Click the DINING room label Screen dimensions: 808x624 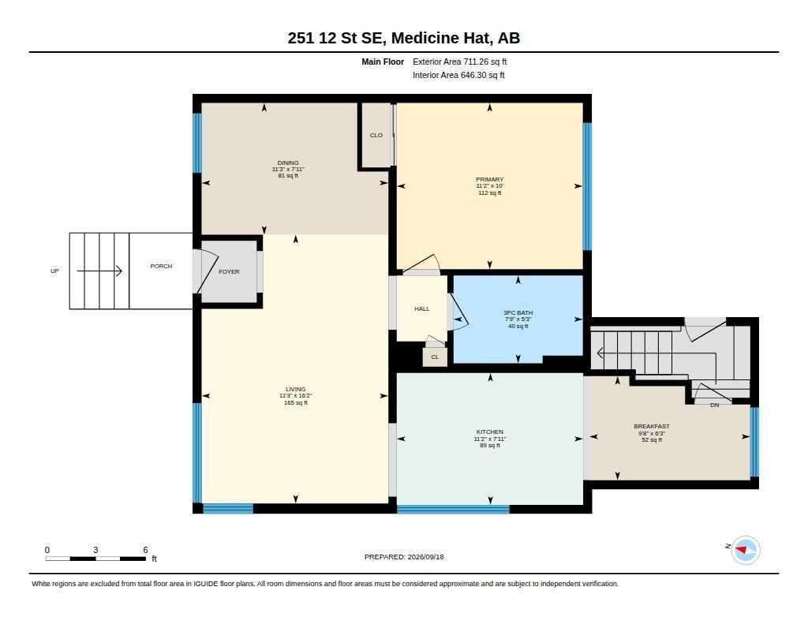click(288, 163)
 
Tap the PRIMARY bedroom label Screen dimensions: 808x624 click(489, 179)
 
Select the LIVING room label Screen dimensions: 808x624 click(296, 389)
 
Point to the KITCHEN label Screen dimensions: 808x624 click(490, 432)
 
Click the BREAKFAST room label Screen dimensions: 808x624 click(652, 426)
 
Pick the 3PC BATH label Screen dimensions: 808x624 click(518, 312)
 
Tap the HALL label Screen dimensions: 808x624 click(422, 308)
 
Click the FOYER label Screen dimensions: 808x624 click(230, 271)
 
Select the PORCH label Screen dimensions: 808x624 click(161, 266)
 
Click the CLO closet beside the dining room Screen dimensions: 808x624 click(376, 135)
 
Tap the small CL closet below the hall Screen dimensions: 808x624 click(435, 357)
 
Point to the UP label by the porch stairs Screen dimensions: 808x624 click(54, 271)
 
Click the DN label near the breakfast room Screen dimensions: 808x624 click(715, 405)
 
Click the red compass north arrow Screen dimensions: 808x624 click(741, 550)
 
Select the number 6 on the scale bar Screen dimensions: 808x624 click(146, 550)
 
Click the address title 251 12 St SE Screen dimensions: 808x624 click(337, 38)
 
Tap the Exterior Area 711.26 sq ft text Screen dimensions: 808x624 click(460, 62)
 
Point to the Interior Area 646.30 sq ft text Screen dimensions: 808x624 click(458, 75)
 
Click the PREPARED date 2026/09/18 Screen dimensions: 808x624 click(425, 556)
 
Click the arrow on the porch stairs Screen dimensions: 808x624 click(99, 271)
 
